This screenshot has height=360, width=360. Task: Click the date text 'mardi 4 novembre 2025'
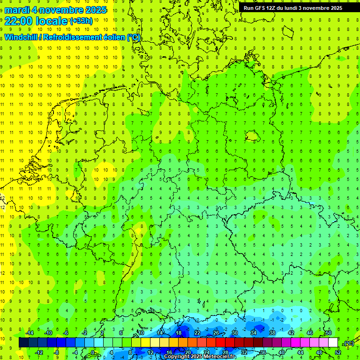(x=55, y=10)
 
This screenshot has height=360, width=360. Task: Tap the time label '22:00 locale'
(x=36, y=21)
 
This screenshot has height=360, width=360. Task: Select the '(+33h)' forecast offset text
(x=81, y=21)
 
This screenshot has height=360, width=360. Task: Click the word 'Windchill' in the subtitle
(x=20, y=37)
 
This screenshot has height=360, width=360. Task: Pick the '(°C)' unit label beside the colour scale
(x=348, y=343)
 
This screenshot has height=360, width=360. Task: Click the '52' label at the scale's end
(x=338, y=352)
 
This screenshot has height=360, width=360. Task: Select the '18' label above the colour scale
(x=178, y=333)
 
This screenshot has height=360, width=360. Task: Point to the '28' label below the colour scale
(x=225, y=352)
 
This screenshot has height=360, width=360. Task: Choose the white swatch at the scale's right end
(x=333, y=343)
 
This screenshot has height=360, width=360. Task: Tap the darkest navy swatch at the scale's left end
(x=23, y=343)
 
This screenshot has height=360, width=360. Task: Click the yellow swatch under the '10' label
(x=141, y=343)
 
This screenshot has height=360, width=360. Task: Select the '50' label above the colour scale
(x=328, y=333)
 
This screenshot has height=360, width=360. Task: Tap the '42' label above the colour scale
(x=291, y=333)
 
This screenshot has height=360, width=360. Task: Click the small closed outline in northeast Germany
(x=253, y=136)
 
